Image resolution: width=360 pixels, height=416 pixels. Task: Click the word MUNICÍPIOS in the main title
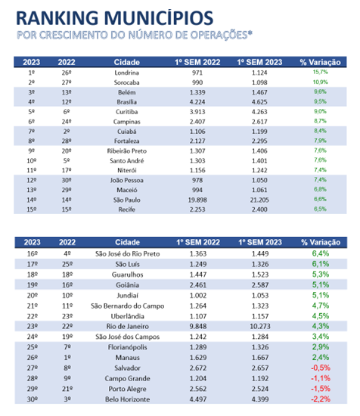[x=158, y=18]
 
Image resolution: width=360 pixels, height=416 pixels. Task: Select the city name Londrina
[x=127, y=73]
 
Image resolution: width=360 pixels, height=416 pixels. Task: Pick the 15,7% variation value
[x=320, y=72]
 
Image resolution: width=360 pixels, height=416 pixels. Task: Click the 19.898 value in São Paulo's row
[x=197, y=200]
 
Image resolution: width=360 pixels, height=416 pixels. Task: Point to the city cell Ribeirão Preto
[x=127, y=151]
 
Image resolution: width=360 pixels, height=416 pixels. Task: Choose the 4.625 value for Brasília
[x=259, y=102]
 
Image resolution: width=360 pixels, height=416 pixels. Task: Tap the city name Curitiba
[x=127, y=112]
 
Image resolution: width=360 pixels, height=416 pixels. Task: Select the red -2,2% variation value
[x=321, y=399]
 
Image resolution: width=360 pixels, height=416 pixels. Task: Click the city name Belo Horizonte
[x=127, y=399]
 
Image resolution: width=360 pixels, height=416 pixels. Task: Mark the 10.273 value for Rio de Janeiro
[x=260, y=326]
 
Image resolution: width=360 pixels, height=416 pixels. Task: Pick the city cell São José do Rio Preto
[x=128, y=254]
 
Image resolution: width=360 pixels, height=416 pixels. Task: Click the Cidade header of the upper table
[x=127, y=62]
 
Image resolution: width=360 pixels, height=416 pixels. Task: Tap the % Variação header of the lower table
[x=321, y=242]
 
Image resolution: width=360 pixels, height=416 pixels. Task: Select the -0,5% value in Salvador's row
[x=321, y=368]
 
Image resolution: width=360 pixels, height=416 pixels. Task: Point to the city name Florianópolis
[x=127, y=347]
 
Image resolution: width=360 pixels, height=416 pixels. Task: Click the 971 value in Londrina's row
[x=197, y=73]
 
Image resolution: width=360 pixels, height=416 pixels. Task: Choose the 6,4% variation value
[x=321, y=253]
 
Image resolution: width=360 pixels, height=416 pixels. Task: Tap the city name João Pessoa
[x=127, y=180]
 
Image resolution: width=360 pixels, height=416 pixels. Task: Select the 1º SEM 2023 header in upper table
[x=259, y=62]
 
